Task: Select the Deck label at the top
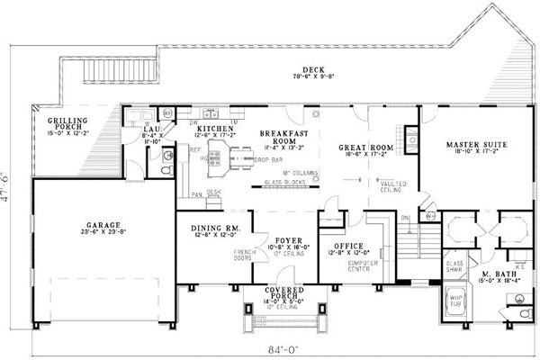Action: coord(312,68)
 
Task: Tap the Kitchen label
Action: coord(215,130)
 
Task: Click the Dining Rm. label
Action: coord(213,229)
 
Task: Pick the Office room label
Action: coord(347,245)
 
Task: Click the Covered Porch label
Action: coord(283,291)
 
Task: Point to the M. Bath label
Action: coord(496,274)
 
